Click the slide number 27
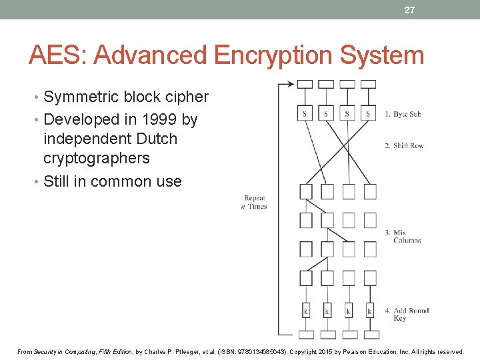click(409, 10)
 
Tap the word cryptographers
click(96, 158)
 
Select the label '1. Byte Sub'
click(403, 114)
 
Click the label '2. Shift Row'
click(404, 145)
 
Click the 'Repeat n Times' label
click(254, 202)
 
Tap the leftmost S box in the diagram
click(305, 114)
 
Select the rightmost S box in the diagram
click(368, 114)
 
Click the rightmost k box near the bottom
click(369, 311)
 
